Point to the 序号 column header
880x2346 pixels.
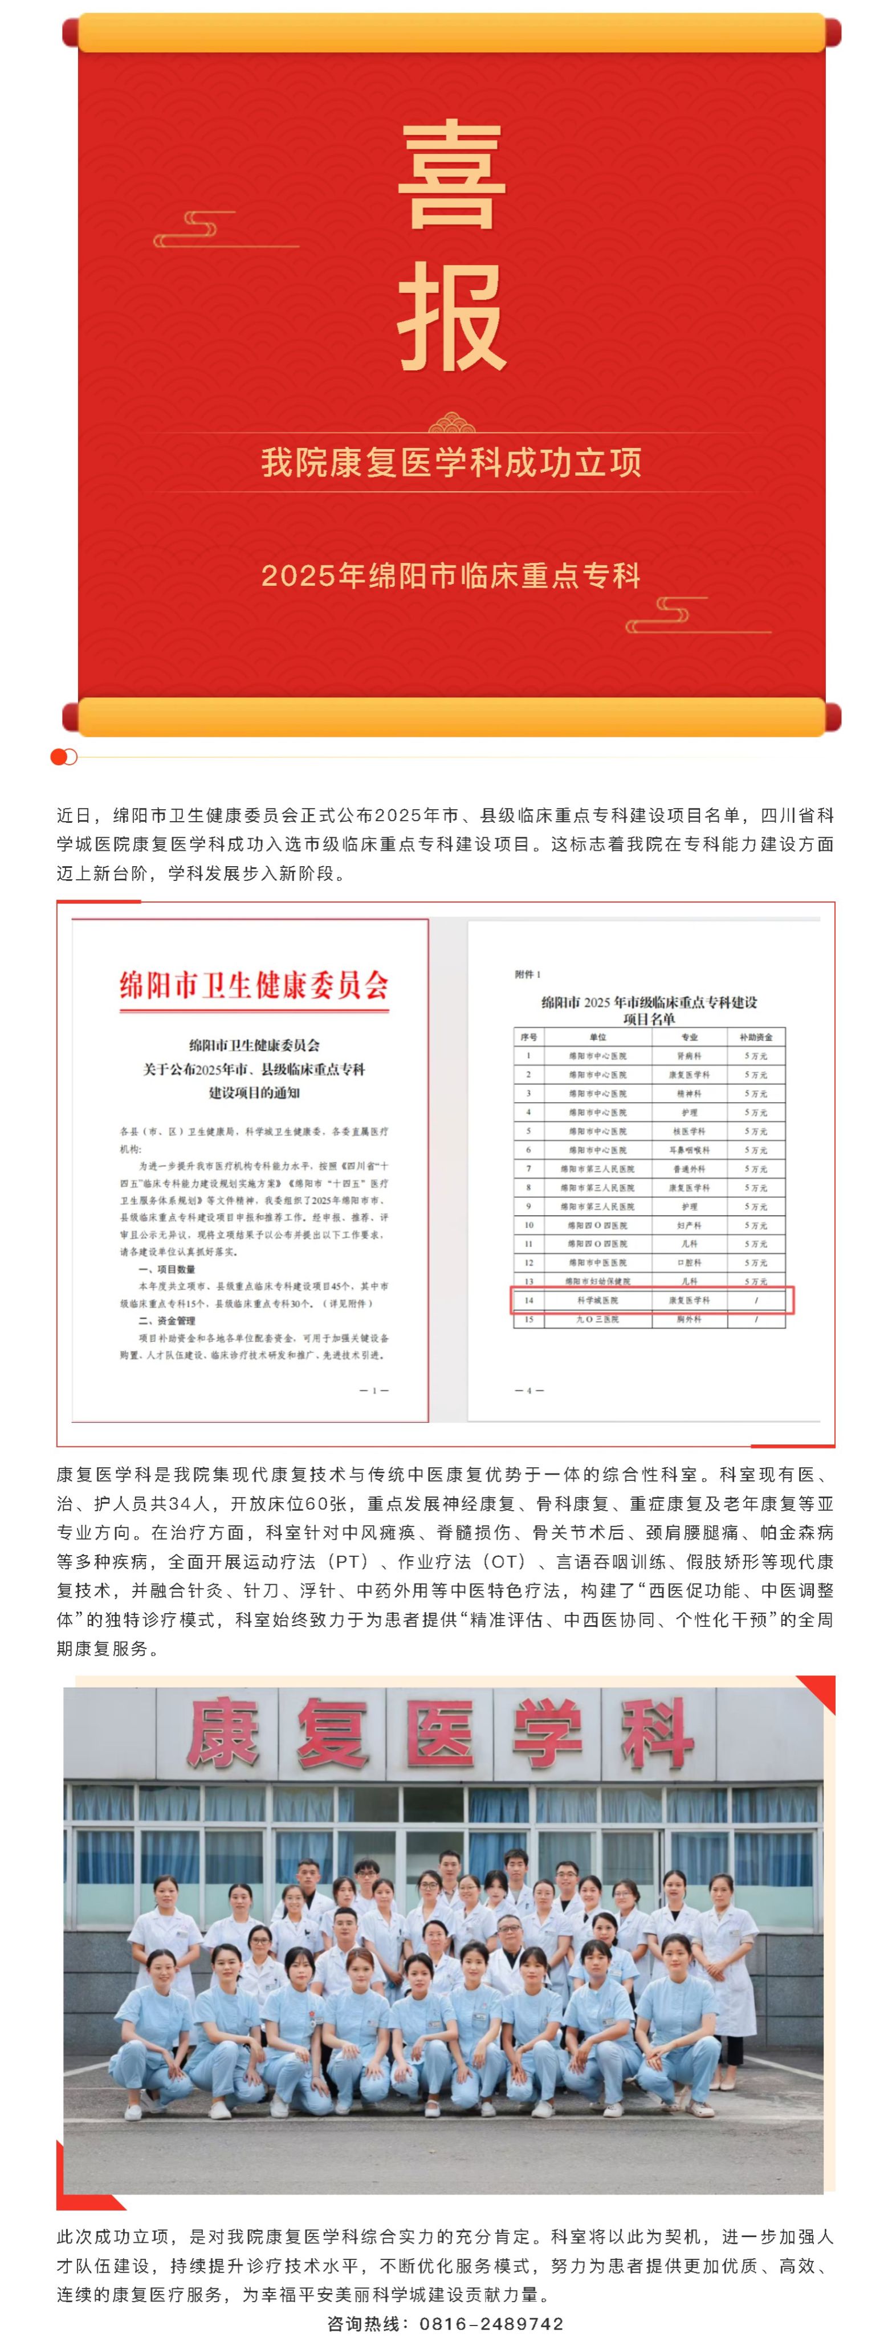click(x=528, y=1037)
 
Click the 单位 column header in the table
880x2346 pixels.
click(x=598, y=1037)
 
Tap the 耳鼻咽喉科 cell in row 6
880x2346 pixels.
click(x=690, y=1150)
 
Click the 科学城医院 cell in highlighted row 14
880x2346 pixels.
click(x=598, y=1300)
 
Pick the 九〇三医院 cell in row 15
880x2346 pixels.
click(x=598, y=1319)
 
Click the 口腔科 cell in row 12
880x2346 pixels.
click(x=690, y=1262)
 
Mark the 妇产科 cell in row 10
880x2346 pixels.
click(x=690, y=1225)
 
